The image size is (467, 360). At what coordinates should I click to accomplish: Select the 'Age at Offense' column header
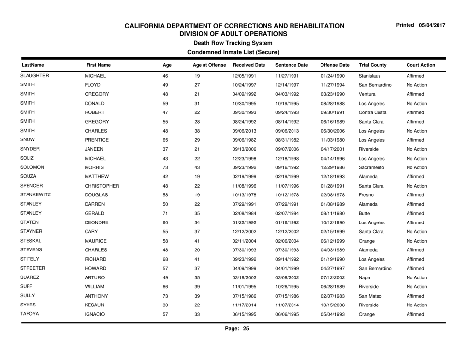click(209, 65)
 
